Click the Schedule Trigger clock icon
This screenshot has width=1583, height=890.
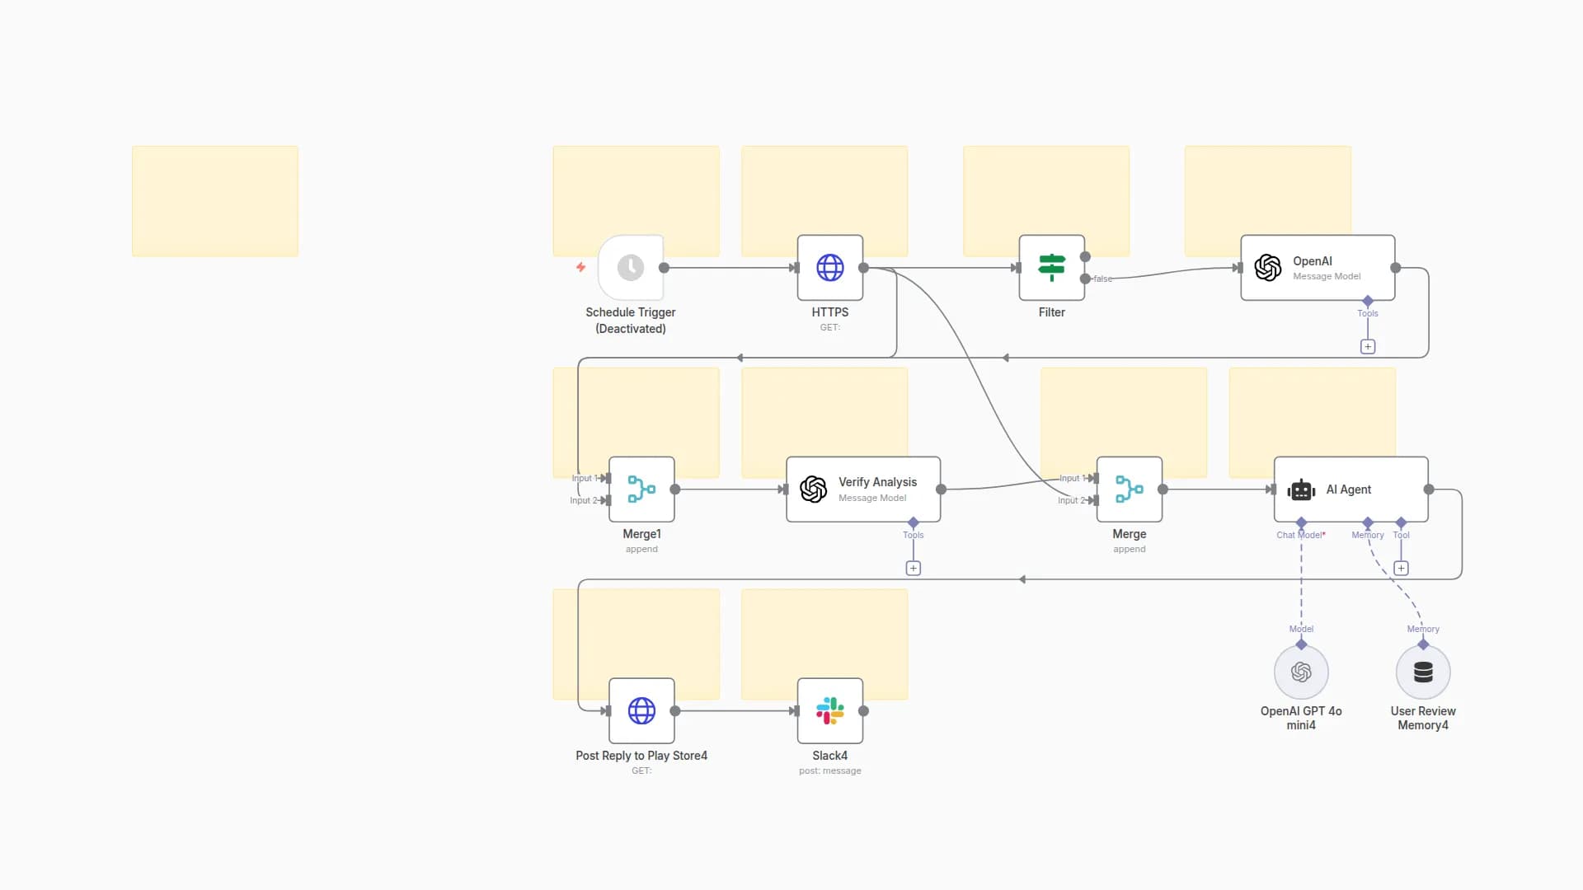tap(631, 268)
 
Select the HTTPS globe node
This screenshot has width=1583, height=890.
tap(829, 268)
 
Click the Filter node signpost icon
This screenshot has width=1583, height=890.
tap(1051, 268)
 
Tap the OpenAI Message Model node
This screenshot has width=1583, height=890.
tap(1317, 268)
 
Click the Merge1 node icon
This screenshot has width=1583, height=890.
tap(641, 489)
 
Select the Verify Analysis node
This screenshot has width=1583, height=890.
tap(862, 489)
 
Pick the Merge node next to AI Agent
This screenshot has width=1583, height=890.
tap(1129, 489)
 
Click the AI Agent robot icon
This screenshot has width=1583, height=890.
tap(1301, 490)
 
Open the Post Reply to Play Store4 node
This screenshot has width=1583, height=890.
tap(641, 711)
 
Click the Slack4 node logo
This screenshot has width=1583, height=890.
tap(829, 711)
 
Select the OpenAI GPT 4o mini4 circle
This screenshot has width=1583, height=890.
tap(1301, 672)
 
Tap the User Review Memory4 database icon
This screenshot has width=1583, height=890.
tap(1423, 672)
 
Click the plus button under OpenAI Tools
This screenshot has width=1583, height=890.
tap(1368, 347)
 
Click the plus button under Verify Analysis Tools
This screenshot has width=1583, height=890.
tap(914, 569)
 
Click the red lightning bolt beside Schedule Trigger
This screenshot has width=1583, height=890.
tap(580, 267)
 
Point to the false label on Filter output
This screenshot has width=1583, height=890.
tap(1103, 279)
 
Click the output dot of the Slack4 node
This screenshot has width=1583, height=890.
tap(863, 711)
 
